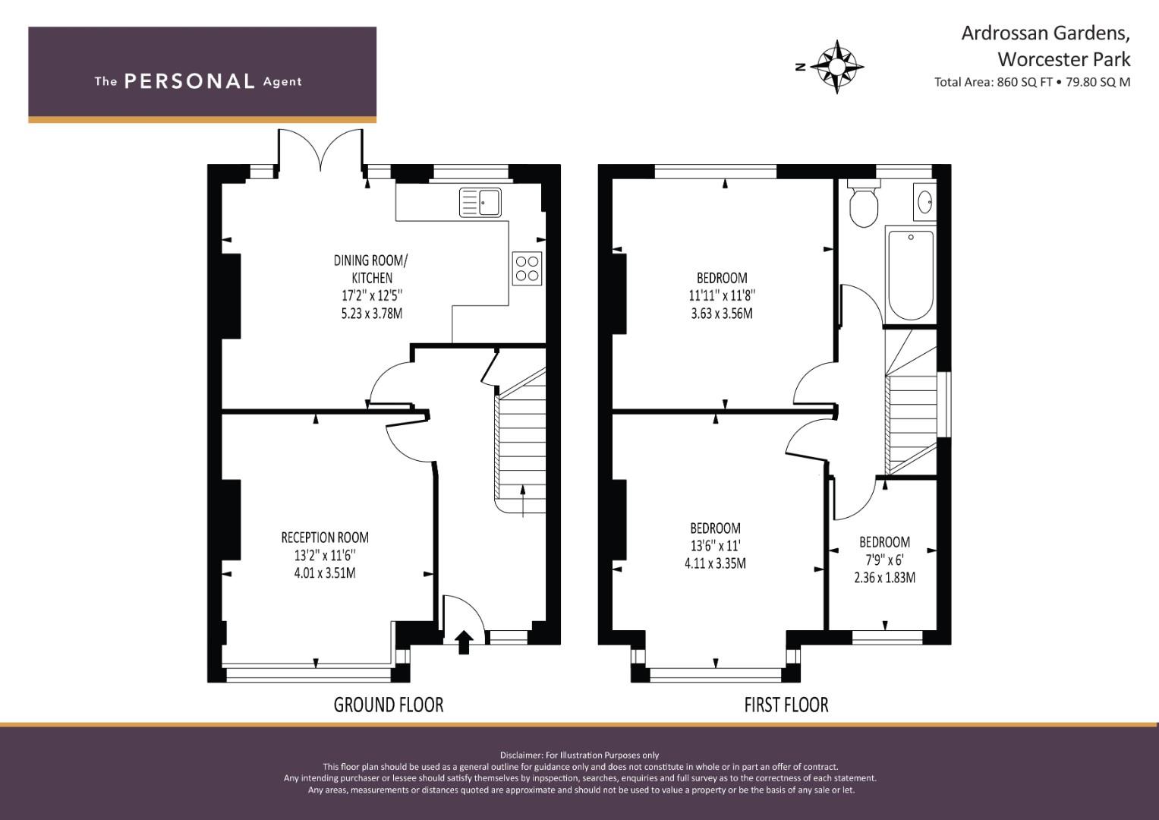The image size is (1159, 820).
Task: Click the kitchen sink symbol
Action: tap(480, 203)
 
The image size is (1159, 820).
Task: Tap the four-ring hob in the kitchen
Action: tap(527, 268)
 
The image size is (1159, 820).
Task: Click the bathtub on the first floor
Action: tap(911, 275)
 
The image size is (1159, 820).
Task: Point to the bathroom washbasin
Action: tap(924, 201)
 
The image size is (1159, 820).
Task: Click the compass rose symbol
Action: tap(836, 67)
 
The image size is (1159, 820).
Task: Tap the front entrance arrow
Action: tap(464, 642)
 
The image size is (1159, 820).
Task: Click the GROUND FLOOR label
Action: tap(389, 705)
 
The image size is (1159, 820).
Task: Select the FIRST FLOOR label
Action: tap(786, 705)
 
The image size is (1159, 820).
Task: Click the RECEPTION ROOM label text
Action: tap(325, 538)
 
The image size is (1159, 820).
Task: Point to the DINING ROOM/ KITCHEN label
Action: tap(371, 269)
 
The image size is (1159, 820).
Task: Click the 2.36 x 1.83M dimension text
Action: tap(885, 577)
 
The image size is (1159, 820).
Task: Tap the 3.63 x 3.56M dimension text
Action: tap(722, 313)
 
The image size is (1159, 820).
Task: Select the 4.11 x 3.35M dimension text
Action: tap(716, 563)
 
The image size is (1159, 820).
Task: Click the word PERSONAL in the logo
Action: tap(190, 81)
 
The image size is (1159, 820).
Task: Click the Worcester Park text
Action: tap(1064, 59)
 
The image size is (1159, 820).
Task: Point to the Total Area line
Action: tap(1032, 82)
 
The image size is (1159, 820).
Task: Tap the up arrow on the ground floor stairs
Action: tap(523, 501)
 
